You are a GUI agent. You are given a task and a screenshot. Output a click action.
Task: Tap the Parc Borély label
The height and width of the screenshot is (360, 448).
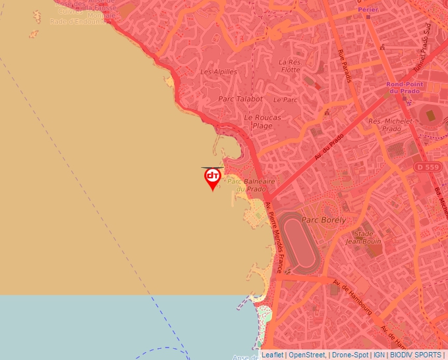point(323,220)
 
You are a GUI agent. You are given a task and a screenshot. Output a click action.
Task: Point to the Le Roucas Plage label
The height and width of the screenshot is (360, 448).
point(262,121)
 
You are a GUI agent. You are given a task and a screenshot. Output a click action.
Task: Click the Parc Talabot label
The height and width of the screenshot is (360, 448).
point(240,99)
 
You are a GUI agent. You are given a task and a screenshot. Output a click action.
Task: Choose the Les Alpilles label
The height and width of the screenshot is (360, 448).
point(219,72)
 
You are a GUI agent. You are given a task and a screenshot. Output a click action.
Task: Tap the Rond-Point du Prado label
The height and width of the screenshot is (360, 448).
point(403,88)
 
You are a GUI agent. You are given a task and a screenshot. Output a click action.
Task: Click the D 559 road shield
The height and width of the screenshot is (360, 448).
point(428,168)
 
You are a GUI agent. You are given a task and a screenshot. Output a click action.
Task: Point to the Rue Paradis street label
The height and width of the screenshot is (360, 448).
point(344,66)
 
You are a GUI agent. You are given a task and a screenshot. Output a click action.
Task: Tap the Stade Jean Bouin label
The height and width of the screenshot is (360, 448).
point(368,238)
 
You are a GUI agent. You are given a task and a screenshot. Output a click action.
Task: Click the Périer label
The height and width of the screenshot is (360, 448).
point(368,10)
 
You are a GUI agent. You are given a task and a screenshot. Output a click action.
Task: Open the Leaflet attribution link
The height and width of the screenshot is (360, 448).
point(273,355)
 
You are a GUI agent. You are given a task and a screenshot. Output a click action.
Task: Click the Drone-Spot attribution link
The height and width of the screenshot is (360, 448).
point(350,355)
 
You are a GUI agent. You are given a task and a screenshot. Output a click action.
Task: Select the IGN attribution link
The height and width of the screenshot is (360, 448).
point(379,355)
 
